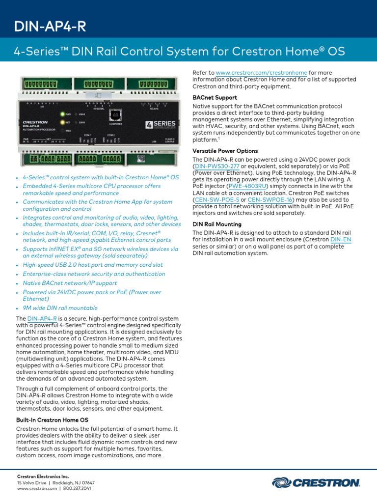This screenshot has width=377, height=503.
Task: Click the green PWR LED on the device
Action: (62, 113)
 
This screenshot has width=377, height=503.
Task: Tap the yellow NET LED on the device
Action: (62, 122)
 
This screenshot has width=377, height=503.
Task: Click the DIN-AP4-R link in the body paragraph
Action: (42, 319)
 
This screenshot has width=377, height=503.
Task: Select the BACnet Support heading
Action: (215, 98)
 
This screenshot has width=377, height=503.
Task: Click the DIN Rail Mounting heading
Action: (217, 224)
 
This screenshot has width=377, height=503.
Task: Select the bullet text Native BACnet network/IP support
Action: (70, 283)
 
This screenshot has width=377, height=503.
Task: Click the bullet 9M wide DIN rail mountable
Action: (60, 308)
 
